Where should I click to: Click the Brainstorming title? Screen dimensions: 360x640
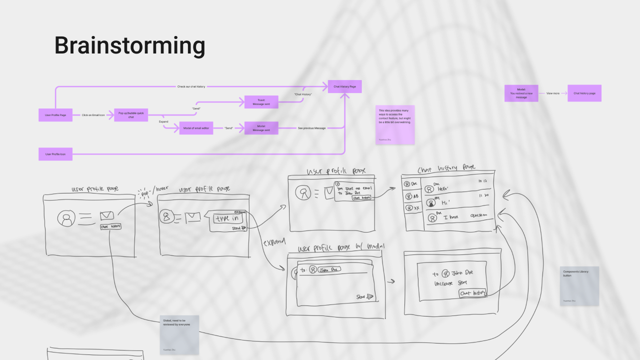(x=129, y=45)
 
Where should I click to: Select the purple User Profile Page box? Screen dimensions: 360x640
(x=55, y=115)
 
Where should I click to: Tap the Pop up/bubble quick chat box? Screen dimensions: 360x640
(x=131, y=115)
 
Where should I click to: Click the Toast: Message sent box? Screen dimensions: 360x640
(x=261, y=102)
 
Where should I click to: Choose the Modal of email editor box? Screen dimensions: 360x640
(x=196, y=128)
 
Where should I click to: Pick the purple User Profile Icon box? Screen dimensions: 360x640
(x=55, y=154)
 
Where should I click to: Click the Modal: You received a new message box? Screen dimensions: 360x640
(x=521, y=93)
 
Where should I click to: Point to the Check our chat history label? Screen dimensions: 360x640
(x=191, y=86)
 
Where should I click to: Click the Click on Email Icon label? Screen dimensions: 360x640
(x=93, y=115)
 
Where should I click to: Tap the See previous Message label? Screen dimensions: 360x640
(x=311, y=128)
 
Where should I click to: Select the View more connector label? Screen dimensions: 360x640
(x=552, y=93)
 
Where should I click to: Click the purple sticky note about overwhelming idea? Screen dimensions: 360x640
(x=395, y=124)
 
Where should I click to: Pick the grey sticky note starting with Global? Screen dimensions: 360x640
(x=179, y=334)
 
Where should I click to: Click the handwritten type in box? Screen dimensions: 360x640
(x=229, y=218)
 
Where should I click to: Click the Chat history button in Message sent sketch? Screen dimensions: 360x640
(x=472, y=293)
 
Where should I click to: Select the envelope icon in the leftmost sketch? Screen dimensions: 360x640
(x=106, y=215)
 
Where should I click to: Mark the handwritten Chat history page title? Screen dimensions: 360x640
(x=446, y=168)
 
